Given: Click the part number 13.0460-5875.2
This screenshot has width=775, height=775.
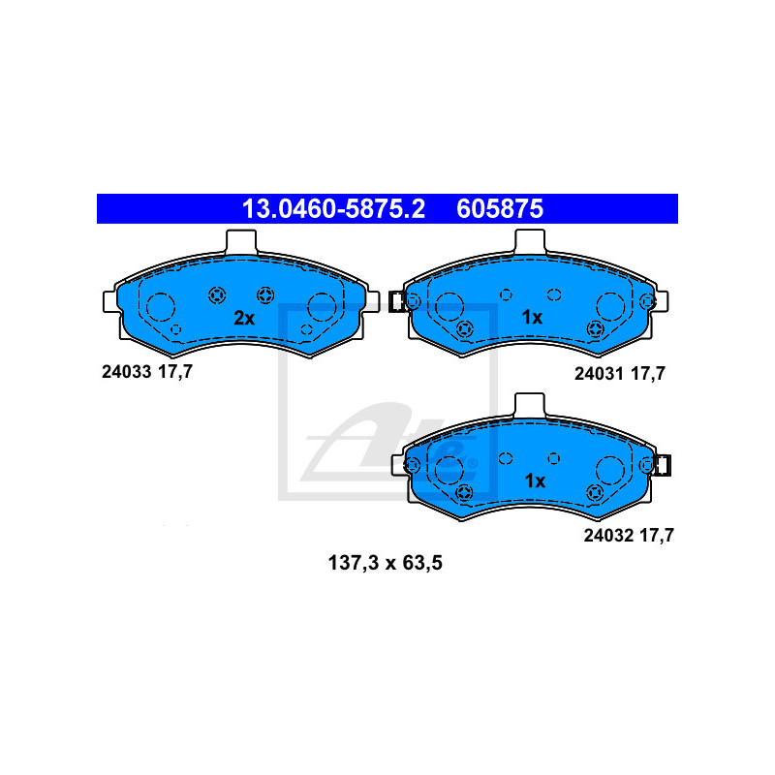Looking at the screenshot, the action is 333,208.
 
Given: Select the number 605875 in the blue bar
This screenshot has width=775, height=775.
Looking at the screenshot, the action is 500,208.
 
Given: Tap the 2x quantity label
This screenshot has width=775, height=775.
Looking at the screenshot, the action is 244,319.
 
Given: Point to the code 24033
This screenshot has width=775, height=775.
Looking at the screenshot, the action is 126,372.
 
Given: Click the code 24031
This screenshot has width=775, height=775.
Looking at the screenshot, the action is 599,374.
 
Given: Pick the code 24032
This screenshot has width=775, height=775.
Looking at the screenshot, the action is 608,536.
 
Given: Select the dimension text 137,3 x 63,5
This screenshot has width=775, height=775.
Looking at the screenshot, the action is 385,563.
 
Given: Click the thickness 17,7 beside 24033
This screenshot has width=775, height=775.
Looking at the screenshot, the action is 175,372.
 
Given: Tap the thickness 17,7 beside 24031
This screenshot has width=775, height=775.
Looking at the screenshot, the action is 648,374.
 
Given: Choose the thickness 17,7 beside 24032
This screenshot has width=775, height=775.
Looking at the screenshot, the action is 657,536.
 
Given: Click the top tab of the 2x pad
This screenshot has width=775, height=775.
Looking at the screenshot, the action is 241,242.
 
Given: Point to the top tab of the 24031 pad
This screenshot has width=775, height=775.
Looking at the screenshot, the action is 530,241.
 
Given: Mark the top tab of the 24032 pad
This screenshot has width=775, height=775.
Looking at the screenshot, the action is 530,405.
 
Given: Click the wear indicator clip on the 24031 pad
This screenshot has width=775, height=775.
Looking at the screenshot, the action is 396,302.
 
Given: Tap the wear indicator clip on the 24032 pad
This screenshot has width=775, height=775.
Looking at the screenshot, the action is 663,465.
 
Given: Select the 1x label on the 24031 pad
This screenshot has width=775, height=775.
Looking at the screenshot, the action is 532,318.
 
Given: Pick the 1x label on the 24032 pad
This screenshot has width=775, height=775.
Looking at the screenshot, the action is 535,480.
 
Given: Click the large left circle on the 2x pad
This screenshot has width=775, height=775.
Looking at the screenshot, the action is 161,307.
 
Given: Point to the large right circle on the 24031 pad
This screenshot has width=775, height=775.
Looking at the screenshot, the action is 610,306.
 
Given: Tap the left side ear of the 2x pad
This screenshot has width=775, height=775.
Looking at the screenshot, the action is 110,302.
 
